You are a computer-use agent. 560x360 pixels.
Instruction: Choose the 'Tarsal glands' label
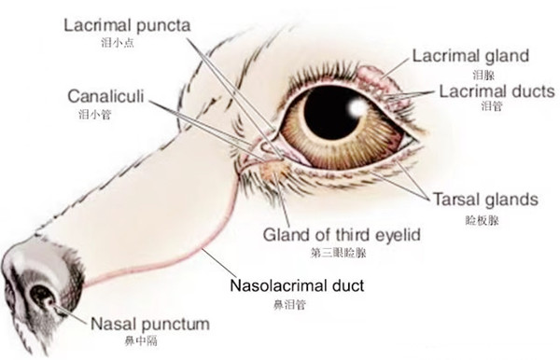coord(485,200)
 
